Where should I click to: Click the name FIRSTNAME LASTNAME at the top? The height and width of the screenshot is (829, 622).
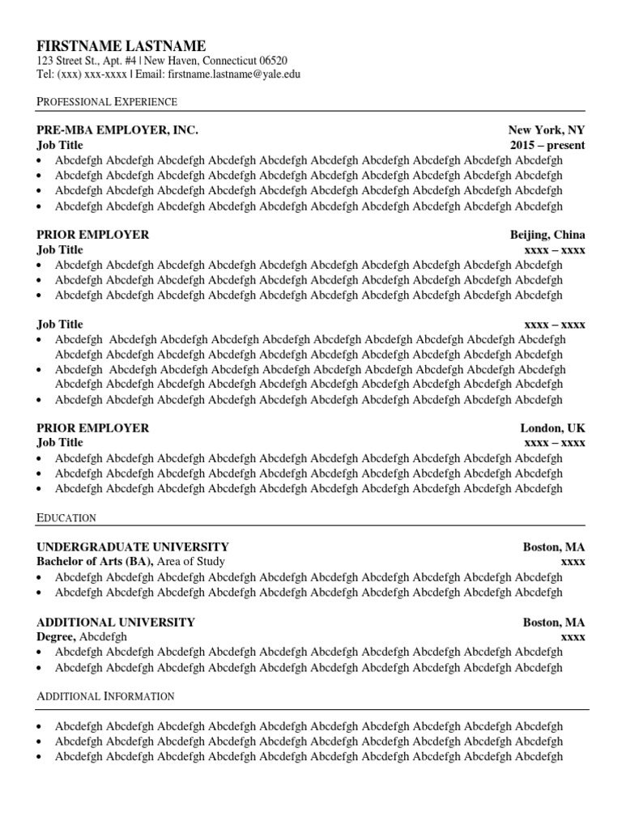pyautogui.click(x=121, y=45)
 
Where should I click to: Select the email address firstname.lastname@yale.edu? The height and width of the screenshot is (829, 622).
pyautogui.click(x=234, y=74)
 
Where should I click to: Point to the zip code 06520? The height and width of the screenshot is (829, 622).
pyautogui.click(x=271, y=61)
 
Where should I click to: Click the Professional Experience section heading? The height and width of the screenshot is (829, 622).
pyautogui.click(x=107, y=101)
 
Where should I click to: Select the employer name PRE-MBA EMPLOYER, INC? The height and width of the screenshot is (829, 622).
pyautogui.click(x=117, y=130)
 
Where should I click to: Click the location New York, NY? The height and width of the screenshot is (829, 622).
pyautogui.click(x=546, y=130)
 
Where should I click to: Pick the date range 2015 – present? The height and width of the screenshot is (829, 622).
pyautogui.click(x=547, y=145)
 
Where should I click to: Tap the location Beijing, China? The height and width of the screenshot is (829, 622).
pyautogui.click(x=547, y=235)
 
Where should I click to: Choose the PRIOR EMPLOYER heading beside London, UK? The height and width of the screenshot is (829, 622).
pyautogui.click(x=93, y=427)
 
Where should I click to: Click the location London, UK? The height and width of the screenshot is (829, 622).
pyautogui.click(x=552, y=427)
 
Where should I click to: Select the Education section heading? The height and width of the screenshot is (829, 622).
pyautogui.click(x=66, y=517)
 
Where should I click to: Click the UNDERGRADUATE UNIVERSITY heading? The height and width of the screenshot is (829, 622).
pyautogui.click(x=133, y=546)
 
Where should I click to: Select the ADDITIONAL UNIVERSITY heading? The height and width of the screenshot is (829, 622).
pyautogui.click(x=116, y=623)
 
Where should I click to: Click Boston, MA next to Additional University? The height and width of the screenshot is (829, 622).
pyautogui.click(x=553, y=623)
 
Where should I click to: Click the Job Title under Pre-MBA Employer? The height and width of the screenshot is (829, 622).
pyautogui.click(x=60, y=145)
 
